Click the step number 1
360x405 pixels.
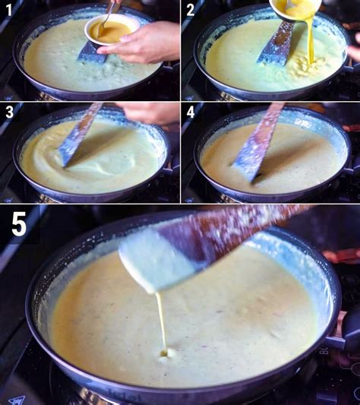point(9,11)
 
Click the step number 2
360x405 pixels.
point(191,11)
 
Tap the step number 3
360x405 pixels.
point(9,112)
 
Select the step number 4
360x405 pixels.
point(191,112)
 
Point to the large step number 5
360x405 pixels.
point(19,223)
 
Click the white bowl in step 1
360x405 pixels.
point(112,30)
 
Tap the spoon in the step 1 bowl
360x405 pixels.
point(106,18)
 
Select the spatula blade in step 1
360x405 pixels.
point(93,53)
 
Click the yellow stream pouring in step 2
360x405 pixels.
point(310,41)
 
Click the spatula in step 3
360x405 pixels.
point(79,134)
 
